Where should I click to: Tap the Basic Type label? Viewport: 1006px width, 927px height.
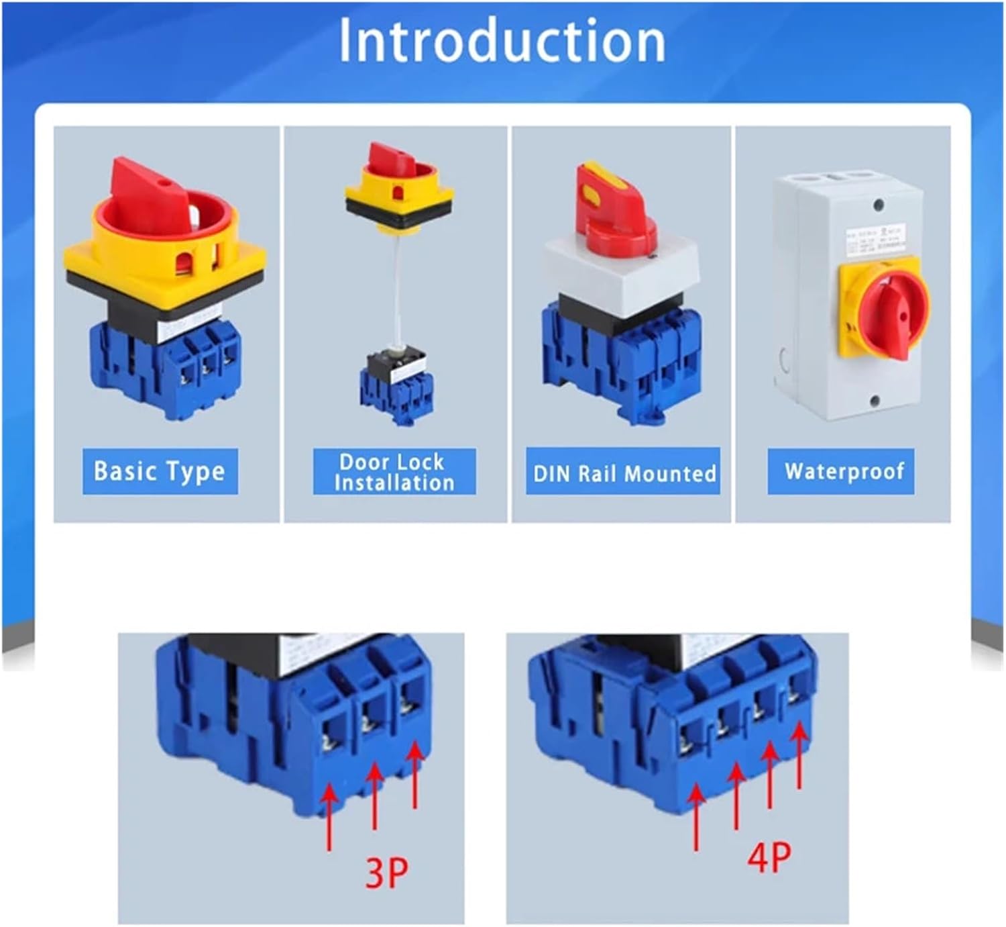[160, 471]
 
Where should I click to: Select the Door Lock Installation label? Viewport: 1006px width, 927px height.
[394, 472]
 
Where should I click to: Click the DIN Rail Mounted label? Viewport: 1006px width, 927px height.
[623, 473]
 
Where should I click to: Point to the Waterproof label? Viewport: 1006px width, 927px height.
[844, 471]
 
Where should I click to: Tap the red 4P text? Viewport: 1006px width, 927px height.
[769, 857]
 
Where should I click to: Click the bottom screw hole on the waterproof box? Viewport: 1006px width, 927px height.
[875, 401]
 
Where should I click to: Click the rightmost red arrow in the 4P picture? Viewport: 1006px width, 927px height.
[799, 755]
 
